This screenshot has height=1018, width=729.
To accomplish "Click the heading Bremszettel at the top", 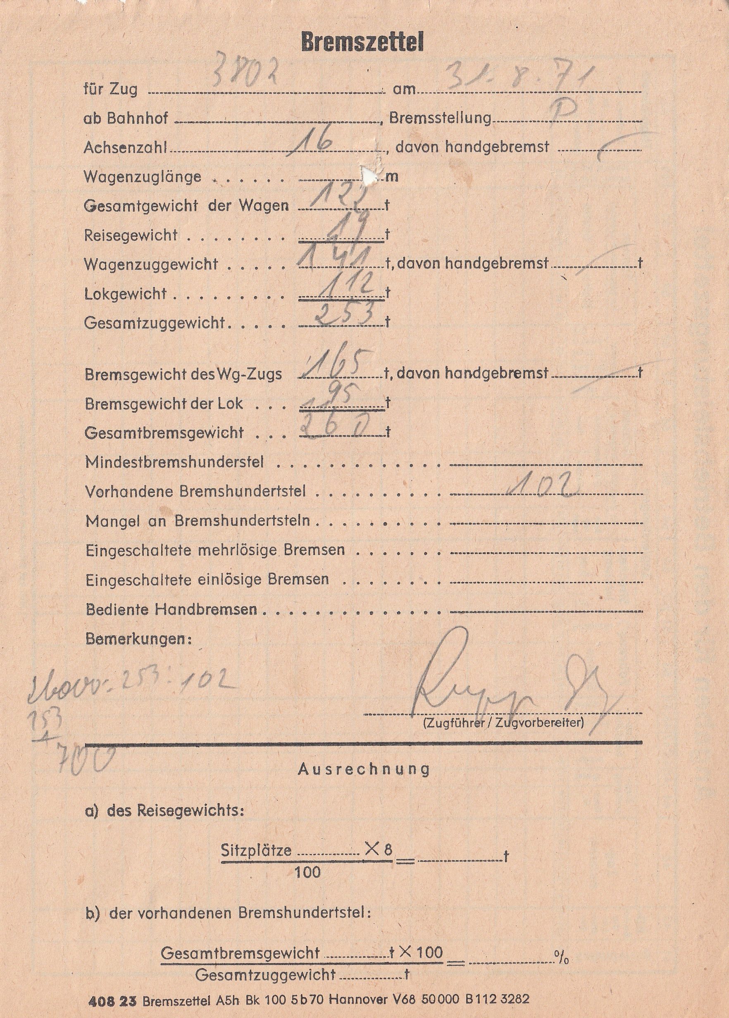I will [362, 43].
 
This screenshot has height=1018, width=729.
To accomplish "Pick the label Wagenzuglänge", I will [142, 177].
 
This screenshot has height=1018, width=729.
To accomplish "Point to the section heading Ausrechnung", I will [364, 769].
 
